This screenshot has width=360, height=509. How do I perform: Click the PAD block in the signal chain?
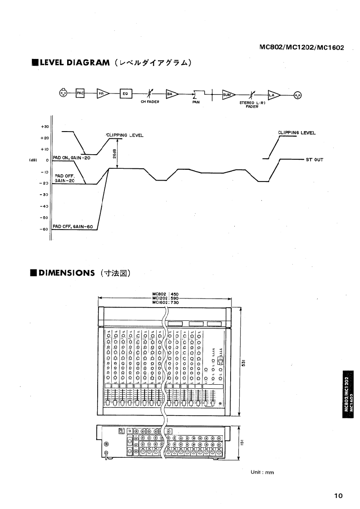(80, 94)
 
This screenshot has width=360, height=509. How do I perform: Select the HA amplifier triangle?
(102, 94)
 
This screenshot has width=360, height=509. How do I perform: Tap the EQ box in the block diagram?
(125, 94)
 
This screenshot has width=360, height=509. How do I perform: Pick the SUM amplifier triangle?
(227, 94)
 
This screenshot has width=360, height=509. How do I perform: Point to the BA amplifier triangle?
(171, 94)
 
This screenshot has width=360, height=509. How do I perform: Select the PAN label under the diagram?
(196, 103)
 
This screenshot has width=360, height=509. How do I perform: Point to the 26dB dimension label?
(113, 154)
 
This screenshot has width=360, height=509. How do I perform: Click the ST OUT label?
(315, 160)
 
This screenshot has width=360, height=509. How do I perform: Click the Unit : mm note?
(263, 472)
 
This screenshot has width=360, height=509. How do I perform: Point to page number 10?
(338, 496)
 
